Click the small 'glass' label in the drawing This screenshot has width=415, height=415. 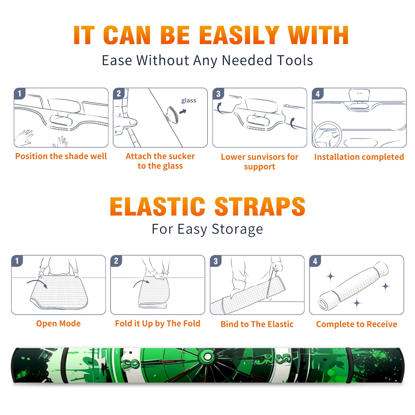(189, 101)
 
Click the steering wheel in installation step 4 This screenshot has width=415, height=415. (327, 135)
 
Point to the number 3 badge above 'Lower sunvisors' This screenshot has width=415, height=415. (218, 94)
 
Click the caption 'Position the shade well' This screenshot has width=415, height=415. (61, 156)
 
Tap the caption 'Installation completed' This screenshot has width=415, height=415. (359, 157)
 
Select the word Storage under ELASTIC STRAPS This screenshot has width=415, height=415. (237, 229)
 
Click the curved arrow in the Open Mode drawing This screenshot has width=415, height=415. (37, 283)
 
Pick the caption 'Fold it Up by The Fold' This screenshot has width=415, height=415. (158, 323)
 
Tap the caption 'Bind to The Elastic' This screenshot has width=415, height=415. (257, 324)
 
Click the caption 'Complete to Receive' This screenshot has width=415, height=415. (357, 324)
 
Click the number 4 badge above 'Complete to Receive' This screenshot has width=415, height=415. (315, 261)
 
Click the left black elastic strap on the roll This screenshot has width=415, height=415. (65, 365)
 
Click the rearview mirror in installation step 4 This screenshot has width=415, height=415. (359, 95)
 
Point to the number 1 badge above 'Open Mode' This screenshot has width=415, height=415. (17, 261)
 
